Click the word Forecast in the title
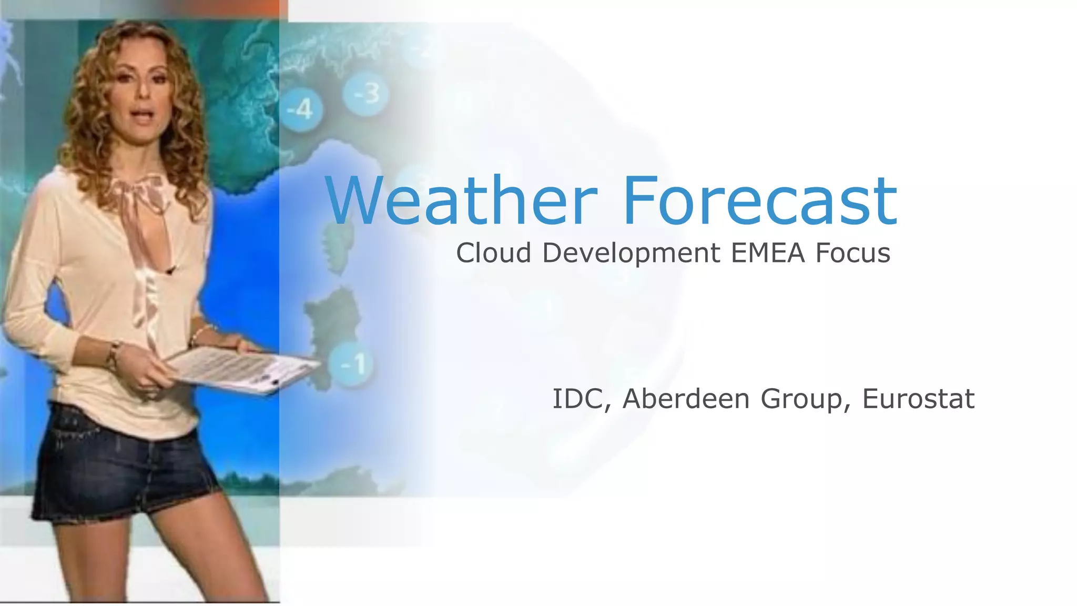coord(759,200)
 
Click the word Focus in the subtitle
coord(852,253)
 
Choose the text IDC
coord(577,399)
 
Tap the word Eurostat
coord(918,399)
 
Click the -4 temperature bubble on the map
coord(300,110)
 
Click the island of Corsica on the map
coord(334,247)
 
